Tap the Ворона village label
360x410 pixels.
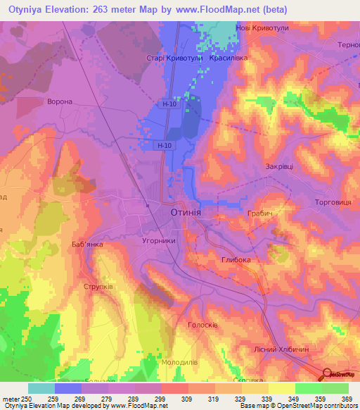pos(59,101)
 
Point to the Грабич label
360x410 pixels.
pos(259,212)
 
